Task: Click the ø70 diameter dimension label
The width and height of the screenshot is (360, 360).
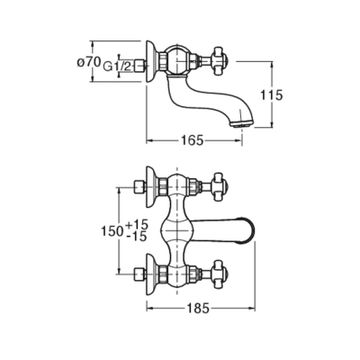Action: click(89, 62)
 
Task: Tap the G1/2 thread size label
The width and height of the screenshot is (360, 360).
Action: click(118, 66)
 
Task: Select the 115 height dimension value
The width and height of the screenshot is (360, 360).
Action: click(272, 95)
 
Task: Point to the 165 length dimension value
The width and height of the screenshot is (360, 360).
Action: click(192, 140)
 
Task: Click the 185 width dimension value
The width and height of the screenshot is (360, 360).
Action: click(198, 308)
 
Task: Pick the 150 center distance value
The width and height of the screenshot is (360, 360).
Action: click(113, 231)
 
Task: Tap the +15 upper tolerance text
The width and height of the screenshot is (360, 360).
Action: click(137, 225)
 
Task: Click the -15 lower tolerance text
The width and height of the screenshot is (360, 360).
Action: click(137, 236)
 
